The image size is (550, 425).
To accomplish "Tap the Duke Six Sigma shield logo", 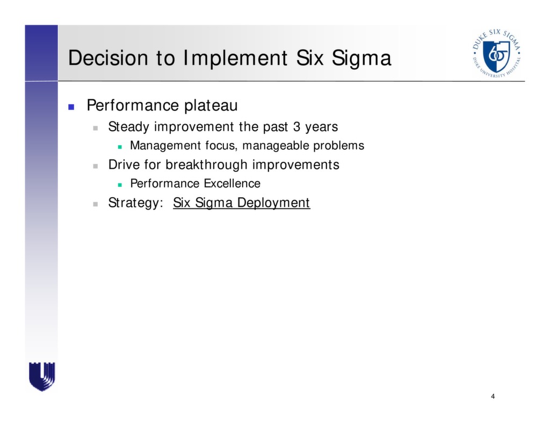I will pyautogui.click(x=496, y=53).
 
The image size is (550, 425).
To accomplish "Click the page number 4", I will pyautogui.click(x=493, y=397).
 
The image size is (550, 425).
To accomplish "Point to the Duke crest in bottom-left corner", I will pyautogui.click(x=42, y=376).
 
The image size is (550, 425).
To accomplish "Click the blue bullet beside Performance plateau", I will pyautogui.click(x=71, y=106).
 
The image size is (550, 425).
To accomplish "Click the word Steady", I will pyautogui.click(x=129, y=127).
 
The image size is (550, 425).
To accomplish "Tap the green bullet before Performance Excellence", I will pyautogui.click(x=120, y=184).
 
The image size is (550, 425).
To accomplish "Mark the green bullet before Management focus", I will pyautogui.click(x=120, y=146).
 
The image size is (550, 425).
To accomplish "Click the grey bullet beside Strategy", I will pyautogui.click(x=95, y=204).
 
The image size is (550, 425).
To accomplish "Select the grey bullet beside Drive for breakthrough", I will pyautogui.click(x=95, y=165).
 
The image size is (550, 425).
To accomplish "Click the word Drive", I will pyautogui.click(x=124, y=164).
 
